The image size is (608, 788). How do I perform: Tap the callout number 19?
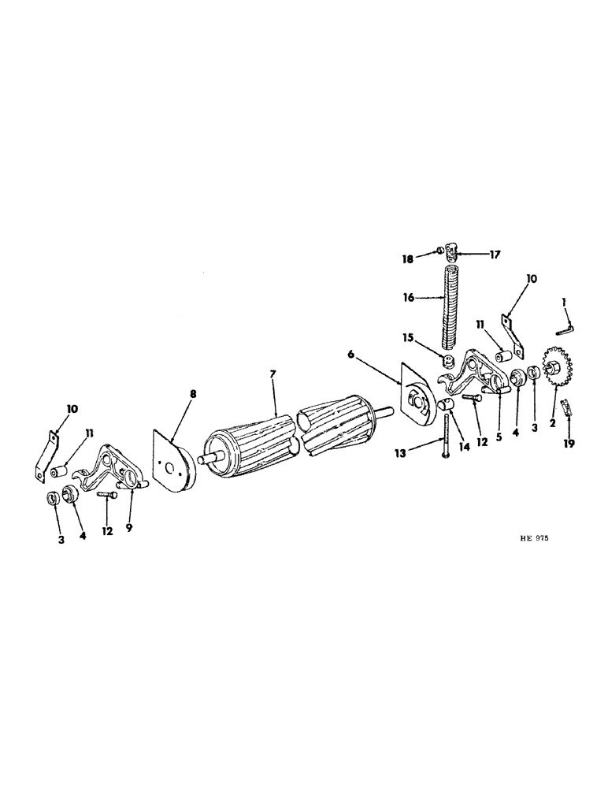[x=569, y=444]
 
